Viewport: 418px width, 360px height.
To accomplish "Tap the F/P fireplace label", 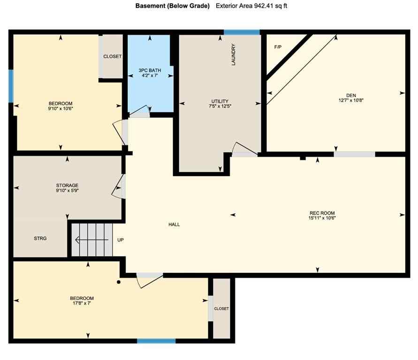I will click(x=278, y=47).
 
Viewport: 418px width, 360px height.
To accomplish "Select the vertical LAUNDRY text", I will click(x=233, y=54).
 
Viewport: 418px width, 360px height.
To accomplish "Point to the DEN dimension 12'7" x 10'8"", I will click(x=348, y=100).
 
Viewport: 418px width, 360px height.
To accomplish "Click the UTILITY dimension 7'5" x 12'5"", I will click(x=220, y=106).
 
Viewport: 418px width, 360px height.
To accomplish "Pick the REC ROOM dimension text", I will click(x=321, y=217).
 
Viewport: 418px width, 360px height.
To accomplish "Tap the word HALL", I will click(x=174, y=225).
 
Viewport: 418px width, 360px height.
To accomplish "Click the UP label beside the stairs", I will click(x=121, y=240).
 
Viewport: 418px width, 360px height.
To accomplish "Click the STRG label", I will click(x=40, y=239).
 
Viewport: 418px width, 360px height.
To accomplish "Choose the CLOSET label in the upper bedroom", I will click(x=112, y=57).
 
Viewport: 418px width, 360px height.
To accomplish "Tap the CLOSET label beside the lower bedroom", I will click(x=221, y=309).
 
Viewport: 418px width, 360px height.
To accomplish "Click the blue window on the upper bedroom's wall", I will click(x=11, y=86).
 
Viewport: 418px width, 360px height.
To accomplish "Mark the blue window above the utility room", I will click(x=242, y=32).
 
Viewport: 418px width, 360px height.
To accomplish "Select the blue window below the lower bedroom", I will click(x=156, y=341).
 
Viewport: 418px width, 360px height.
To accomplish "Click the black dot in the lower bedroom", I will click(x=119, y=282).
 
